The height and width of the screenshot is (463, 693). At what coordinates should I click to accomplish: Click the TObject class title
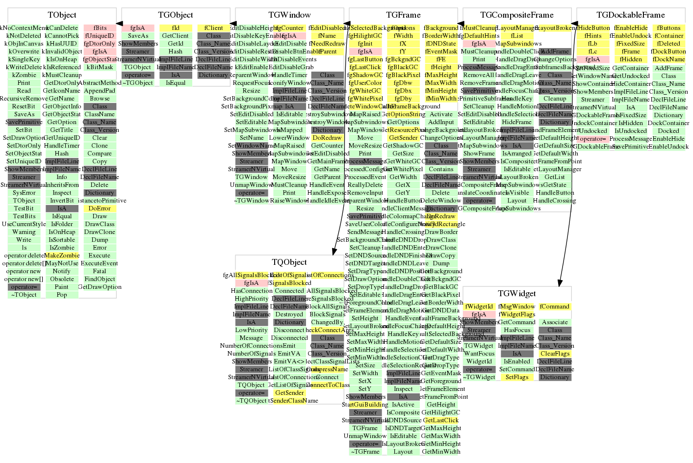click(x=62, y=15)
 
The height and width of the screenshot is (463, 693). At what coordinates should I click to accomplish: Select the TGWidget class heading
click(x=517, y=294)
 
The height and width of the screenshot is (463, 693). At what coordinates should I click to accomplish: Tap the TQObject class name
click(x=289, y=262)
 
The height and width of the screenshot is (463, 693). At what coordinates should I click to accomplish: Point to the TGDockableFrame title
click(x=631, y=15)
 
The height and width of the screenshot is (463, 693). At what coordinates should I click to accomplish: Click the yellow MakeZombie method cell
click(x=62, y=256)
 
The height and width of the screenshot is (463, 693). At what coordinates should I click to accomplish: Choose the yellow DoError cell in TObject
click(x=100, y=208)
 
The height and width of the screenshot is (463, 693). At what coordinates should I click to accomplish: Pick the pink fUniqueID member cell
click(x=100, y=36)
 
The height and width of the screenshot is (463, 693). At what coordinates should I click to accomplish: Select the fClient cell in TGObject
click(x=213, y=28)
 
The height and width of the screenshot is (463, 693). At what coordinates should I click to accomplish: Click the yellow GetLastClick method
click(x=441, y=420)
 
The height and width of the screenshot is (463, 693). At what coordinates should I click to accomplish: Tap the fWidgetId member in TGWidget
click(x=479, y=307)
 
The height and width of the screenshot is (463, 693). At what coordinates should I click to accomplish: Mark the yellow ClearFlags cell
click(x=555, y=354)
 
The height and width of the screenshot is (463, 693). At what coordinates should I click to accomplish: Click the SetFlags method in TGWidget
click(x=517, y=377)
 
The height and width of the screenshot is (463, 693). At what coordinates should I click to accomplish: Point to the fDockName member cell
click(x=668, y=59)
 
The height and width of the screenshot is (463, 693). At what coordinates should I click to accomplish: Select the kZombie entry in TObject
click(x=24, y=75)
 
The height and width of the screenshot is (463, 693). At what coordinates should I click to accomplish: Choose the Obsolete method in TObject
click(x=62, y=279)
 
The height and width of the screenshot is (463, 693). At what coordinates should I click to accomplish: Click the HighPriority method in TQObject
click(x=252, y=299)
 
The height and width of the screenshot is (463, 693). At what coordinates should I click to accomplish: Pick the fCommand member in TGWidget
click(x=555, y=307)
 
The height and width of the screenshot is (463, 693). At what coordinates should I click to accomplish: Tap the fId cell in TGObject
click(x=176, y=28)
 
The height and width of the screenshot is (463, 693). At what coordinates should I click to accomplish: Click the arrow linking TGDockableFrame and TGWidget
click(x=565, y=147)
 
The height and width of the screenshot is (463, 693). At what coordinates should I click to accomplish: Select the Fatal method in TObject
click(x=100, y=271)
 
